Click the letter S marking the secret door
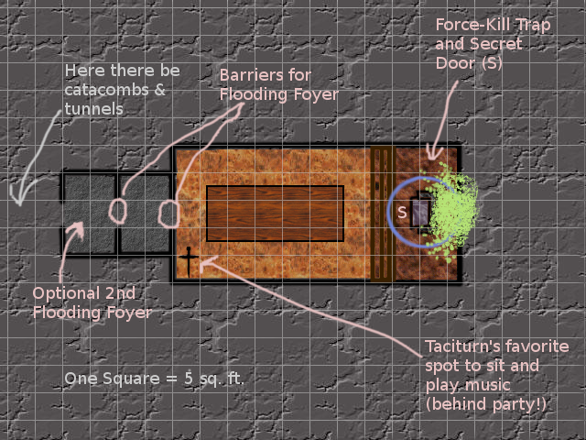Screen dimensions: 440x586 401,213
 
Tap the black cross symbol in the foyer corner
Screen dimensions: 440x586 189,261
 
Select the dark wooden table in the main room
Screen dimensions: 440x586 276,213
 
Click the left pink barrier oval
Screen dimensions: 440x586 117,210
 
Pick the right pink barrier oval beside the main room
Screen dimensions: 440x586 168,214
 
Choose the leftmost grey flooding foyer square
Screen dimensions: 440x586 89,213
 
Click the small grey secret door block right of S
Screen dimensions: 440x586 420,213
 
